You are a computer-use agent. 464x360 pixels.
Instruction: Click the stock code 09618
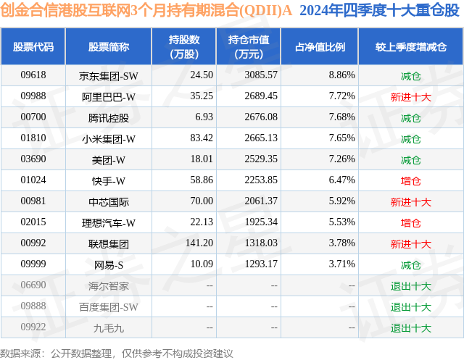click(x=33, y=75)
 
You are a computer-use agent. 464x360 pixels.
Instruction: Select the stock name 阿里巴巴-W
click(x=109, y=96)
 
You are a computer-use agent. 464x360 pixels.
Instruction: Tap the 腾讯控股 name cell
click(x=109, y=117)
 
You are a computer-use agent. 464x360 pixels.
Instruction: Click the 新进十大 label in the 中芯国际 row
click(x=410, y=201)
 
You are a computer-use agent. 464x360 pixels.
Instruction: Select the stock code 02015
click(x=33, y=222)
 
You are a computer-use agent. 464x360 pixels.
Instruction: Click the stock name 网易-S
click(x=109, y=265)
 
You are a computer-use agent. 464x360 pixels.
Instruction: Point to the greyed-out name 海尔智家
click(x=109, y=286)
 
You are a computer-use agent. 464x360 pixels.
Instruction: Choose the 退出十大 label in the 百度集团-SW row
click(x=410, y=307)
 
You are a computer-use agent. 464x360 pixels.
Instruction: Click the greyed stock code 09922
click(x=33, y=328)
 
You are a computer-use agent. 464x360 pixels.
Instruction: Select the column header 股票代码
click(x=33, y=46)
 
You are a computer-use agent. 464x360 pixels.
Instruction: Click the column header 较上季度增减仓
click(x=410, y=46)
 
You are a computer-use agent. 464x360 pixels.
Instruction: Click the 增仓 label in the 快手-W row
click(x=410, y=180)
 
